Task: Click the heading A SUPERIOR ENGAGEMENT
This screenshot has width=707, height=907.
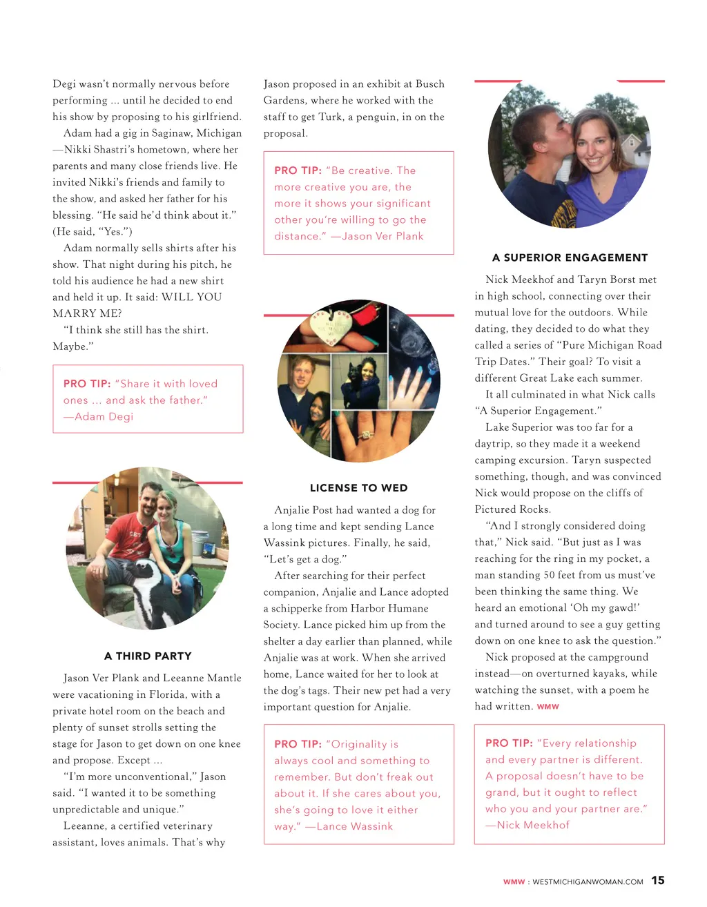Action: pyautogui.click(x=570, y=257)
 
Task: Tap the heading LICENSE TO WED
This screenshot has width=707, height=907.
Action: pyautogui.click(x=358, y=488)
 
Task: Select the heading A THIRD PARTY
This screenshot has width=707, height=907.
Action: pyautogui.click(x=148, y=656)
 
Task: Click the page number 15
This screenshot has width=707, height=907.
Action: pyautogui.click(x=658, y=880)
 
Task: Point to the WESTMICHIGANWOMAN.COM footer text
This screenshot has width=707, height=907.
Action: pyautogui.click(x=588, y=881)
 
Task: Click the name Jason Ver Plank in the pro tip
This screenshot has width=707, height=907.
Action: pyautogui.click(x=382, y=236)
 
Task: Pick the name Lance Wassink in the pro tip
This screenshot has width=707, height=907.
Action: pyautogui.click(x=354, y=826)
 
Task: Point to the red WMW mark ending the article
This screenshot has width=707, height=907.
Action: pyautogui.click(x=548, y=707)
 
